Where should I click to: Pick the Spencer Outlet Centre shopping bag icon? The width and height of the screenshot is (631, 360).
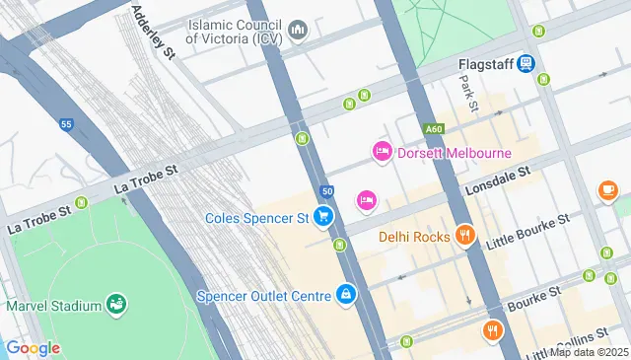click(x=346, y=294)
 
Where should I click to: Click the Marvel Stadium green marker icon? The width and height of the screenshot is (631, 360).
click(x=116, y=305)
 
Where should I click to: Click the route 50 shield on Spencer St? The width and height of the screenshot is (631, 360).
click(x=327, y=190)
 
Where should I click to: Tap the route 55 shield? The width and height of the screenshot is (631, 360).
click(x=66, y=125)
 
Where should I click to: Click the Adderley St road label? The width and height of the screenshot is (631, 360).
click(x=153, y=33)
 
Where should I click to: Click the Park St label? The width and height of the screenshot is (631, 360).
click(x=470, y=94)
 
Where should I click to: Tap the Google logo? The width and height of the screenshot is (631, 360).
click(x=33, y=347)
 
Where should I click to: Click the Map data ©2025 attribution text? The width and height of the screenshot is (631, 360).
click(x=589, y=352)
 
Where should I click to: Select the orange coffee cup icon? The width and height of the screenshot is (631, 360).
click(x=607, y=189)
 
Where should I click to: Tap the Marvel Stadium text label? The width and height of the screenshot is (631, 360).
click(x=53, y=305)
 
